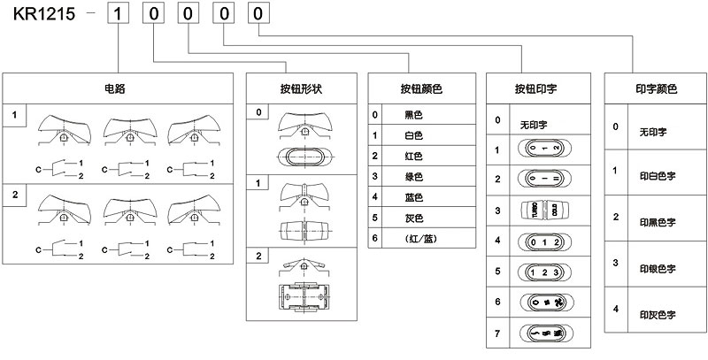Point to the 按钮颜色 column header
tap(420, 88)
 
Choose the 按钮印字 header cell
tap(540, 88)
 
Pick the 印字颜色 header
tap(655, 88)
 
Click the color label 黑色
tap(413, 115)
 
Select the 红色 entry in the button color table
tap(413, 156)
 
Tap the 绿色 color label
tap(413, 176)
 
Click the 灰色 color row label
tap(413, 217)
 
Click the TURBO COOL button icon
tap(540, 210)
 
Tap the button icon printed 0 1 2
tap(540, 241)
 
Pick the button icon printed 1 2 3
tap(540, 272)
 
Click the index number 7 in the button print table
tap(498, 333)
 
